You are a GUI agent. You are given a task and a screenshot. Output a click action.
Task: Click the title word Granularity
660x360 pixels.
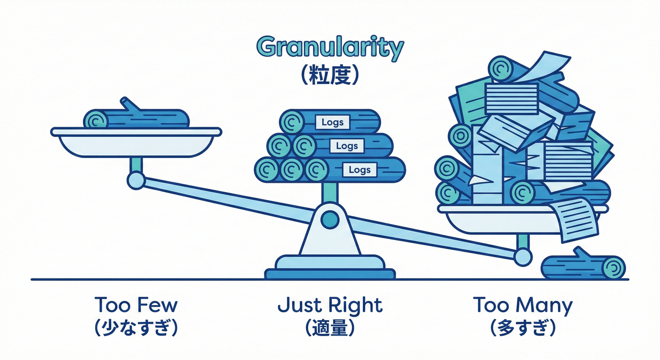click(x=330, y=48)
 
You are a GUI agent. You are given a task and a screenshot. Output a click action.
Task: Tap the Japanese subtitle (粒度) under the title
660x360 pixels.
click(x=330, y=76)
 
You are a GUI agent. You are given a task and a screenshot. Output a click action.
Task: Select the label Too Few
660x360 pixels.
click(x=136, y=305)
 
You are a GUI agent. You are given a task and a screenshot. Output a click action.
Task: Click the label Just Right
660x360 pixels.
click(x=330, y=306)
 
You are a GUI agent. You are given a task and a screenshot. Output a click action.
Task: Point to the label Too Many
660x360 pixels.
click(x=523, y=305)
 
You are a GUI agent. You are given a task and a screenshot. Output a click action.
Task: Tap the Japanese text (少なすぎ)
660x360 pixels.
click(x=136, y=328)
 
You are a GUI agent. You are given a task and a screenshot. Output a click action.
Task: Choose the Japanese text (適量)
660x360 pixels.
click(x=330, y=328)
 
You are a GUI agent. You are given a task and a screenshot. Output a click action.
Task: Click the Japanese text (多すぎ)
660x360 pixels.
click(x=523, y=328)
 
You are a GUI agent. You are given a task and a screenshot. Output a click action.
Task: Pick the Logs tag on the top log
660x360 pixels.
click(x=332, y=123)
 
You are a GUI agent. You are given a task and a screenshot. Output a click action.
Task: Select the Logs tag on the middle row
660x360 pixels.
click(x=347, y=146)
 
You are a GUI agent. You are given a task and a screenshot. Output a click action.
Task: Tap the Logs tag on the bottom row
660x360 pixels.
click(x=360, y=169)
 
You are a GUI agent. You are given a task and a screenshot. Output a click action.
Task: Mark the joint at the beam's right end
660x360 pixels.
click(x=522, y=256)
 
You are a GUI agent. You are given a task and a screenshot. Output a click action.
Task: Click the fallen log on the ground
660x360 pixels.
click(x=584, y=268)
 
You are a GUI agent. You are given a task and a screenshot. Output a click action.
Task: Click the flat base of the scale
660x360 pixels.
click(x=330, y=273)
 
